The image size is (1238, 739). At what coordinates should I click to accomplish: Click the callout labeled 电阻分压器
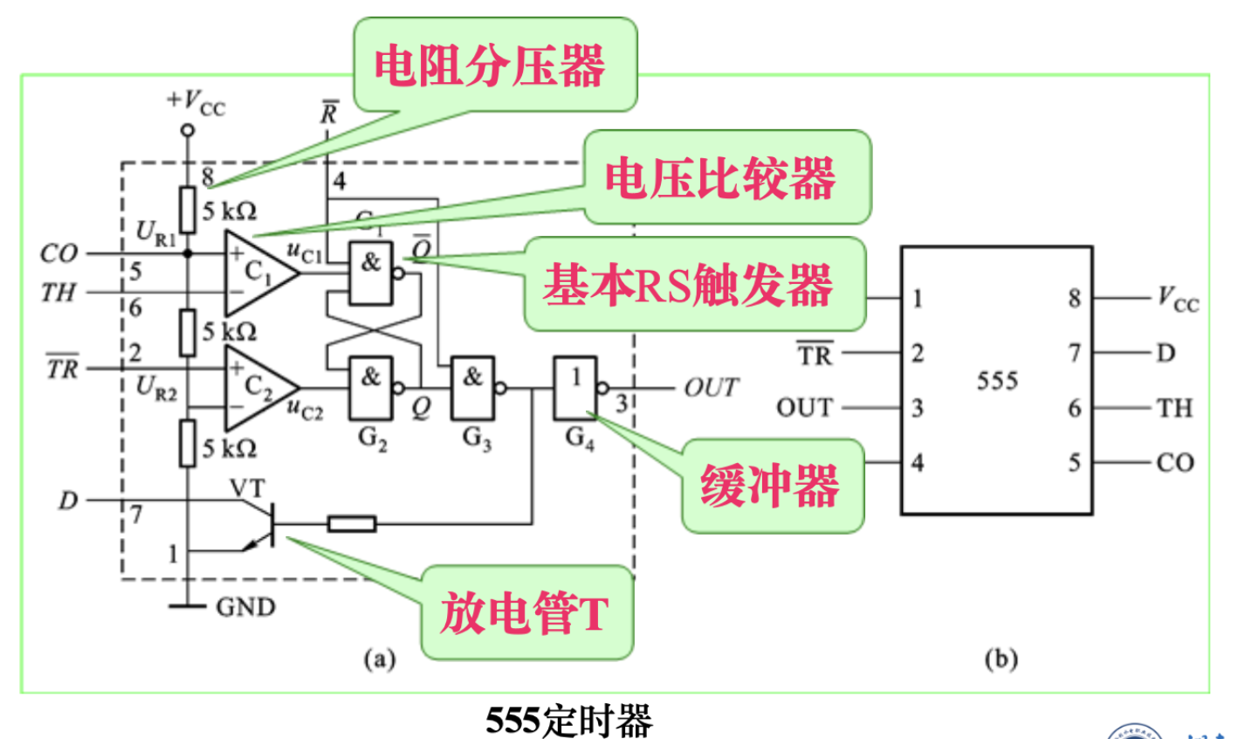tap(493, 65)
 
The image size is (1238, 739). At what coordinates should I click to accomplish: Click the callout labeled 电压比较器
tap(726, 177)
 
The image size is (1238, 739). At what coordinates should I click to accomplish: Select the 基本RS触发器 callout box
tap(693, 285)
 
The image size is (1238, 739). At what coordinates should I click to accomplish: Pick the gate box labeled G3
tap(472, 387)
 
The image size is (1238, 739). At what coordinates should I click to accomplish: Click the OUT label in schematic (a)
tap(711, 387)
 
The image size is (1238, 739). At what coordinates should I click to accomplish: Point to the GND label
tap(245, 606)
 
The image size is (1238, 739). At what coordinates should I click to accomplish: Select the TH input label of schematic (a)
tap(58, 292)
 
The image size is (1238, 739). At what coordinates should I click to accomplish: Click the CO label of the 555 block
tap(1175, 462)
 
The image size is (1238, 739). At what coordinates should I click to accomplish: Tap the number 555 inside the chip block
tap(997, 380)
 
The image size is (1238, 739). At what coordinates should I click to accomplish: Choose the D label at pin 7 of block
tap(1166, 353)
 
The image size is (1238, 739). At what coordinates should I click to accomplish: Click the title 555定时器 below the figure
tap(569, 721)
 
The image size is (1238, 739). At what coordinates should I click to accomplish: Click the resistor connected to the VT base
tap(352, 524)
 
